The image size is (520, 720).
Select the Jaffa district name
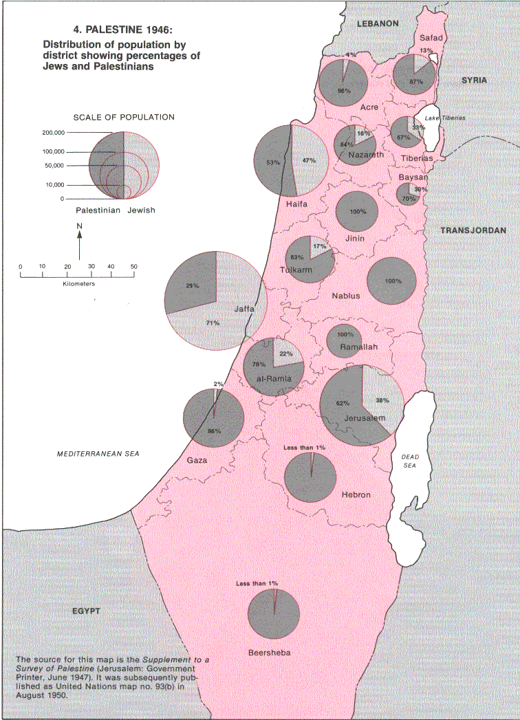[x=244, y=309]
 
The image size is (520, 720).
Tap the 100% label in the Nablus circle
[x=393, y=281]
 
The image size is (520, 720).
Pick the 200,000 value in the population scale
[x=52, y=132]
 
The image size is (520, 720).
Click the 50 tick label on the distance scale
[x=133, y=267]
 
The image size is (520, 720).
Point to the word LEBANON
[x=378, y=23]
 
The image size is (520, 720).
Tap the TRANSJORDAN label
[x=473, y=230]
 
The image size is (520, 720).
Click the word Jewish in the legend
[x=141, y=210]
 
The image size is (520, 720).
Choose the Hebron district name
[x=356, y=494]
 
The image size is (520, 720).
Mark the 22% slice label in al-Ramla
[x=285, y=354]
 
